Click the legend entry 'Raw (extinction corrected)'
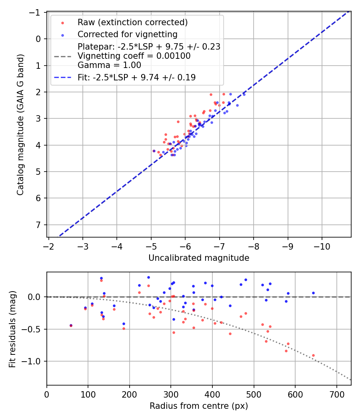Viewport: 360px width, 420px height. point(132,22)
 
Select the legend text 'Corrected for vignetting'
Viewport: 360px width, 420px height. point(127,34)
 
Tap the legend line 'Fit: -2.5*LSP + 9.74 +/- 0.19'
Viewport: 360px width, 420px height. point(136,78)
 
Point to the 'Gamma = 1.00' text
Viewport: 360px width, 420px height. point(109,65)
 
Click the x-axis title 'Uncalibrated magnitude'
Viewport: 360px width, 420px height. point(199,258)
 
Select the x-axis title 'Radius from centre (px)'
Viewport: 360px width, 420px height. point(199,406)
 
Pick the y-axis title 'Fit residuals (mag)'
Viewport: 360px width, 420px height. point(12,329)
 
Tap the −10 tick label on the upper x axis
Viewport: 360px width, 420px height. point(322,246)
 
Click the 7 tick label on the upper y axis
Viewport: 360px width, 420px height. point(39,225)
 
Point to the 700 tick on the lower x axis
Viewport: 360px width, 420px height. point(336,394)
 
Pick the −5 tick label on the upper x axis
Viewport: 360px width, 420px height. point(151,246)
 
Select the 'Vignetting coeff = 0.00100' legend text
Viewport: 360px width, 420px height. point(134,56)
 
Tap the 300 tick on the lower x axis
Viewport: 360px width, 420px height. point(171,394)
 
